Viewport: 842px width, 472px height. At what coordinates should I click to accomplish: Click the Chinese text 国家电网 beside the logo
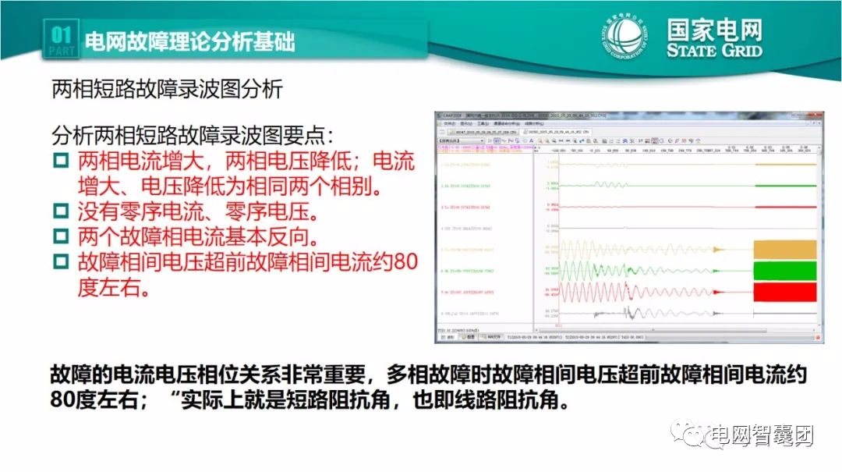click(x=714, y=30)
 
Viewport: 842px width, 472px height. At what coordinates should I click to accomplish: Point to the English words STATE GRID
click(x=714, y=51)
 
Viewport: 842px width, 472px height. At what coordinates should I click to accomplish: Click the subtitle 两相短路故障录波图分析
click(x=167, y=90)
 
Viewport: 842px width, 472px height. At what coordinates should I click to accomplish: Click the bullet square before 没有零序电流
click(x=62, y=211)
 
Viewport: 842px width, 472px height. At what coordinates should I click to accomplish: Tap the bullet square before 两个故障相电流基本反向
click(x=62, y=236)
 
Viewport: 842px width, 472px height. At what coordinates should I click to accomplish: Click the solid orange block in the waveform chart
click(x=784, y=250)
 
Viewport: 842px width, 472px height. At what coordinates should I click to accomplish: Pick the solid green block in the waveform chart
click(x=784, y=271)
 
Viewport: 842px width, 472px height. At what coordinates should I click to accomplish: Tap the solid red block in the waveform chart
click(x=784, y=292)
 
